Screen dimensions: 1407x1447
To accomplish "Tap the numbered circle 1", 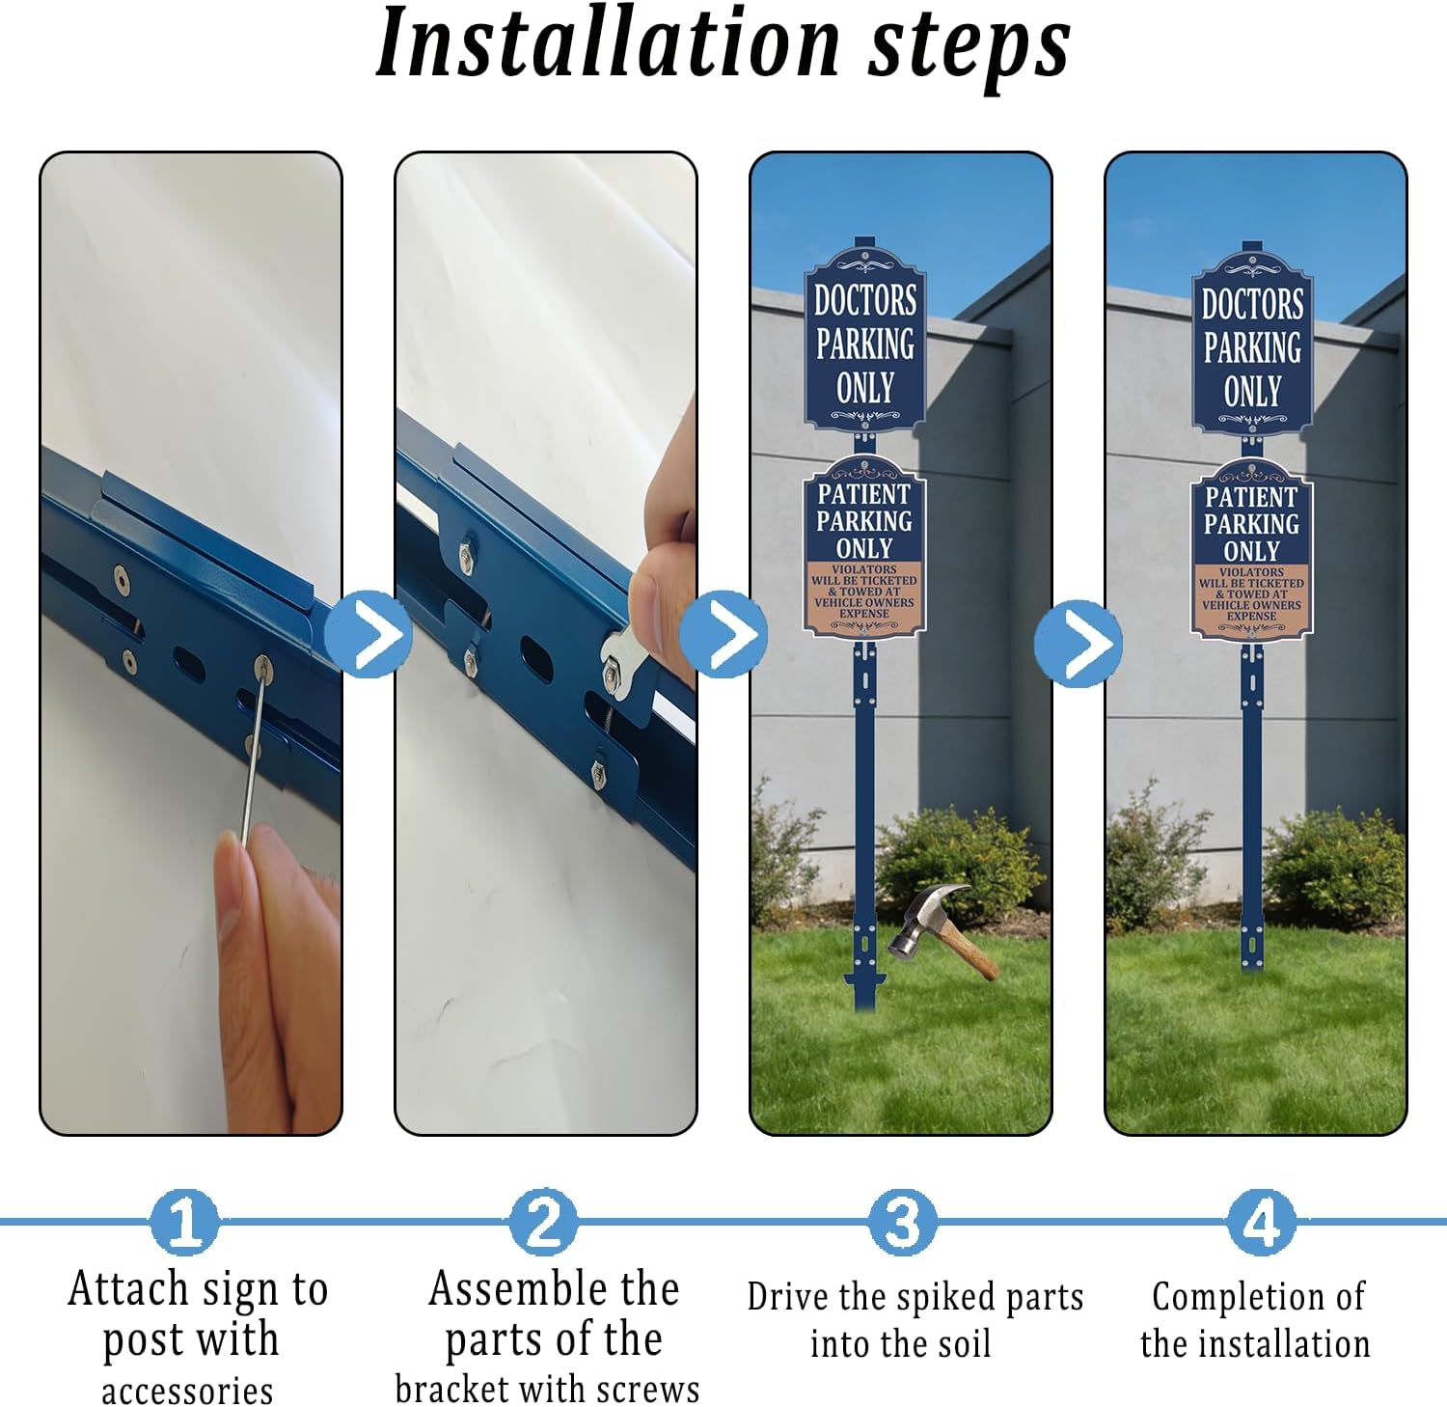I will [x=184, y=1222].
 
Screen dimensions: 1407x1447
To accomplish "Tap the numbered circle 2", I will [x=544, y=1222].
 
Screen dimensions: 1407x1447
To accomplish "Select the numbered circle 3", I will [x=902, y=1222].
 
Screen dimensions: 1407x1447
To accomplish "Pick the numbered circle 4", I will [x=1261, y=1222].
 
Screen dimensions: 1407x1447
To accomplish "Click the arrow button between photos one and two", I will [x=368, y=634].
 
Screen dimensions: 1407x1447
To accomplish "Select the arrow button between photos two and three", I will [x=723, y=634].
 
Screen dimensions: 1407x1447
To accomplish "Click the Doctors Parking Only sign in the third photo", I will [x=865, y=343].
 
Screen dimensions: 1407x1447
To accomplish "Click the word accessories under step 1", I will [x=187, y=1391].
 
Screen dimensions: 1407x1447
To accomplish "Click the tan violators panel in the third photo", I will [x=864, y=592].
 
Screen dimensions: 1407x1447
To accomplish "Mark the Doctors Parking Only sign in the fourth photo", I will [x=1252, y=345].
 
